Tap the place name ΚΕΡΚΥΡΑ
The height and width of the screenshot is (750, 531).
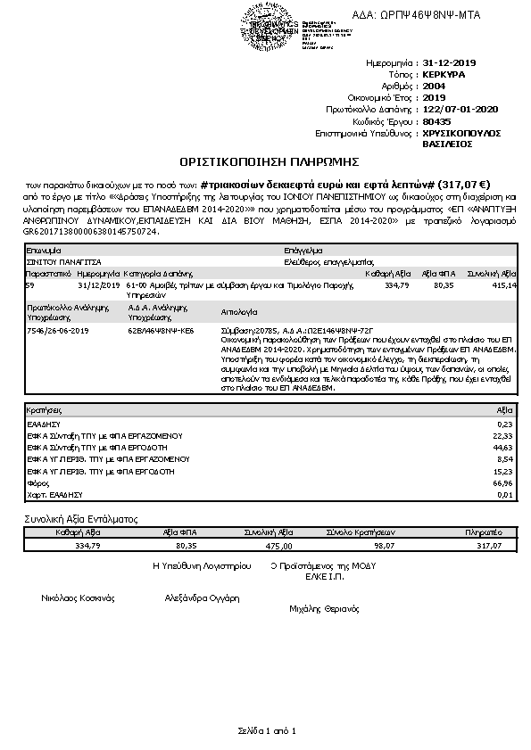pos(445,76)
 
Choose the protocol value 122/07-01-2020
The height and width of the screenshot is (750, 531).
pos(460,109)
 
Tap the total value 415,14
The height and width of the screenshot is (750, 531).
pos(504,285)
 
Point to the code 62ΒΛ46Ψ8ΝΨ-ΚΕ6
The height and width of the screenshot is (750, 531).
pos(160,329)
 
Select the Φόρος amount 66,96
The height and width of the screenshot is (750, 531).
pos(503,482)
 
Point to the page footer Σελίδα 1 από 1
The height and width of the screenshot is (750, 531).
pos(266,730)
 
